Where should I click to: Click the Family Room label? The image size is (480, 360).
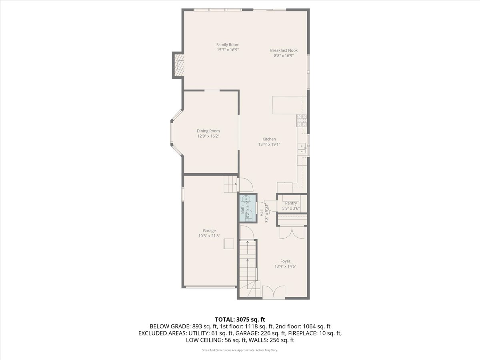(x=228, y=45)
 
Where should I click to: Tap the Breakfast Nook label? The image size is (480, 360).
(x=284, y=50)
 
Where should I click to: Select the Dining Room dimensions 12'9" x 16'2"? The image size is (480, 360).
(x=208, y=136)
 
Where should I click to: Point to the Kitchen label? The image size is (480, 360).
(x=269, y=139)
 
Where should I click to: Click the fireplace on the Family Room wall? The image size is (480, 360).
(x=178, y=64)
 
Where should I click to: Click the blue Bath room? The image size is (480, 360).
(x=247, y=208)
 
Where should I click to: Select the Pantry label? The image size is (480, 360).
(x=291, y=203)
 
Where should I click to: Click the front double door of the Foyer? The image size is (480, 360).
(x=274, y=292)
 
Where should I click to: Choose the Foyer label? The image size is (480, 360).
(x=285, y=261)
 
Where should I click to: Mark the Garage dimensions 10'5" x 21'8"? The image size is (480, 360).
(x=209, y=236)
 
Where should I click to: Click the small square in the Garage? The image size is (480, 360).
(x=229, y=244)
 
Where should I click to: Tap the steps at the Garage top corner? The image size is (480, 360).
(x=230, y=184)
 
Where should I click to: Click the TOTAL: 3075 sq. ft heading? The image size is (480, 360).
(x=240, y=319)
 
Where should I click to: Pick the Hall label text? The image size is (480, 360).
(x=261, y=213)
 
